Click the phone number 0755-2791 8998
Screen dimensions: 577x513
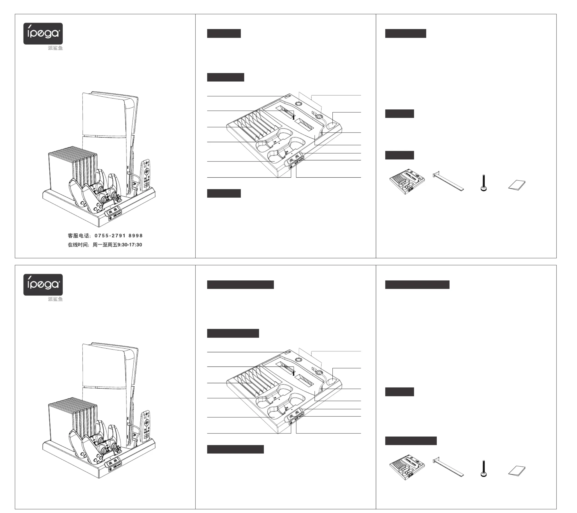click(119, 236)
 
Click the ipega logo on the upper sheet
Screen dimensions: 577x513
click(43, 33)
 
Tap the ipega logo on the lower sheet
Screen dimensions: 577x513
click(43, 284)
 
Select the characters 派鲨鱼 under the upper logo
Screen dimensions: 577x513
click(55, 48)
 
